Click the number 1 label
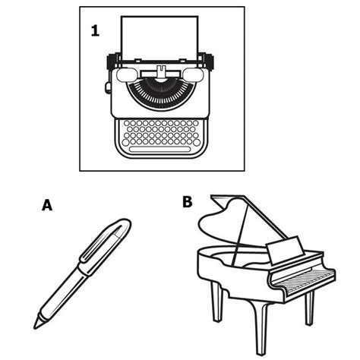click(x=95, y=31)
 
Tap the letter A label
click(x=48, y=205)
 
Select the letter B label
click(x=188, y=202)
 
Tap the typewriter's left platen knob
click(x=111, y=57)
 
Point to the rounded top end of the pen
click(x=124, y=225)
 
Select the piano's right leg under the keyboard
click(x=309, y=308)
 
